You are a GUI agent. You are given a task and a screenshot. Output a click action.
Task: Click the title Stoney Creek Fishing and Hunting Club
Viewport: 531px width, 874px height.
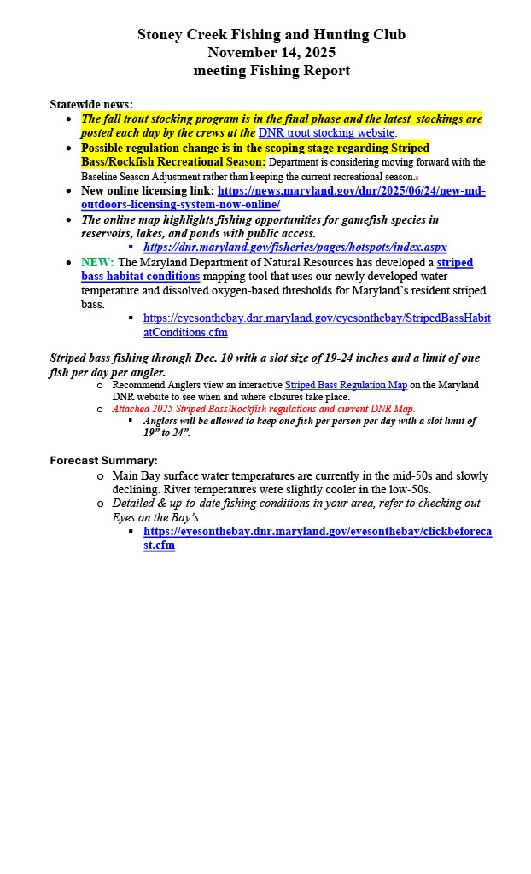[x=271, y=35]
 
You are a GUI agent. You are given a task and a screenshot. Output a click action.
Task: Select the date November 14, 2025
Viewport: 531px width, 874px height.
[x=271, y=52]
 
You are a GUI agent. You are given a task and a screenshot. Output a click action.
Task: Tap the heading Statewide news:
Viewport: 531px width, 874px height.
[x=91, y=104]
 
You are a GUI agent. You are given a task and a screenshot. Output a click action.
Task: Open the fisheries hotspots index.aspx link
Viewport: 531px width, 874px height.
[x=295, y=247]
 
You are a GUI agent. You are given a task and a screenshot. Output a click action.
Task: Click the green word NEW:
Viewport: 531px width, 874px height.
[x=97, y=262]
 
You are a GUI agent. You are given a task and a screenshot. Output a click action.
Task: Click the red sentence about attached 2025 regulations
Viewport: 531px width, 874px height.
[x=263, y=409]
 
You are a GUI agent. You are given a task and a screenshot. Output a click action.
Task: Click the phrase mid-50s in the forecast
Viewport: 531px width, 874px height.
[x=378, y=475]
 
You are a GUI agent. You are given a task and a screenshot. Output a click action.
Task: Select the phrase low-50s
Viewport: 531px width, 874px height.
[x=408, y=489]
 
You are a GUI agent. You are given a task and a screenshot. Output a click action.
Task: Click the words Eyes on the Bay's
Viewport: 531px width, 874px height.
[x=155, y=517]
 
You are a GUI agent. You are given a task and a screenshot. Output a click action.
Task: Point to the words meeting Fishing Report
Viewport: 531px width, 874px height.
[x=271, y=70]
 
